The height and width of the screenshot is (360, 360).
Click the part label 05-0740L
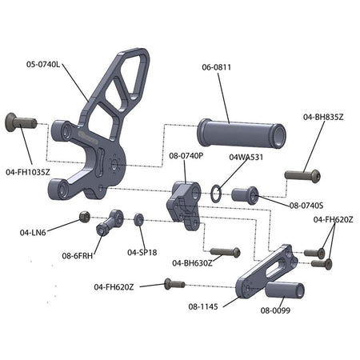43,64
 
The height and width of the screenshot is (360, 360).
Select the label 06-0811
217,67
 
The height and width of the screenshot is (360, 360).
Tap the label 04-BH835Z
323,117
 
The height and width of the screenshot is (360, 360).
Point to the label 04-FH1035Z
28,172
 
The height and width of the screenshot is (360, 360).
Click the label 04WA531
246,157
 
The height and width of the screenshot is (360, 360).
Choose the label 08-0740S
306,206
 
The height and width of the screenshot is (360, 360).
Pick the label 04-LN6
33,233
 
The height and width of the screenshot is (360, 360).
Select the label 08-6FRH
78,256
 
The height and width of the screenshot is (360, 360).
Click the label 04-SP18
142,252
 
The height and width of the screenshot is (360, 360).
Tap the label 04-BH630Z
192,263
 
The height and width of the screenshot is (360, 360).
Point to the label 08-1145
203,306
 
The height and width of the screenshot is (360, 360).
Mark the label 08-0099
275,310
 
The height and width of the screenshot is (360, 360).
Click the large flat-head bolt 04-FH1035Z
21,122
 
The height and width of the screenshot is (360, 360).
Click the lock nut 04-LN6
85,217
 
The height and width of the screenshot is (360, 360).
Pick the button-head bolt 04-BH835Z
302,176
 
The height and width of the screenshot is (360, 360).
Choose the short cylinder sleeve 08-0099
285,290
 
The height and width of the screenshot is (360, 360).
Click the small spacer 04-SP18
138,219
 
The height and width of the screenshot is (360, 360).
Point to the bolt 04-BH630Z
226,252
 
